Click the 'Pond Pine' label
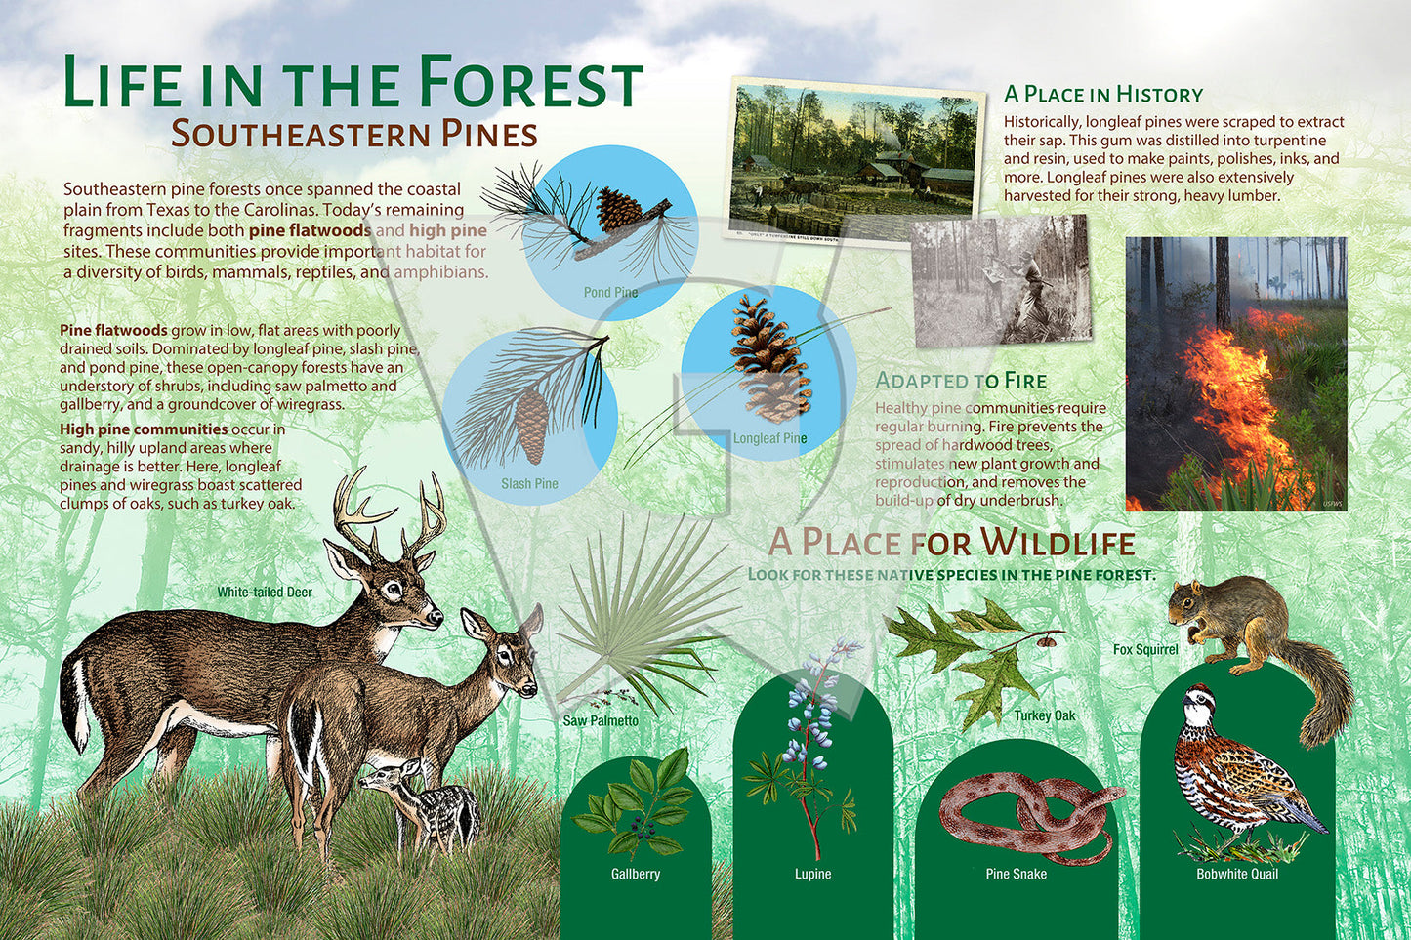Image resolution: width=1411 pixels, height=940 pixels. (x=610, y=292)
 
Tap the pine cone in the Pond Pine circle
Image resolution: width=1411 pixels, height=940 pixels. (x=618, y=209)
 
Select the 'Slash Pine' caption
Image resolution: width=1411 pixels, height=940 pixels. (x=530, y=483)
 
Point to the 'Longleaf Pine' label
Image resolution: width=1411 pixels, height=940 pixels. (x=769, y=438)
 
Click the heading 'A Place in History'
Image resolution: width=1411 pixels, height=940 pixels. (x=1103, y=95)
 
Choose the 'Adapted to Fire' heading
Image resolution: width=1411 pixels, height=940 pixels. (x=961, y=381)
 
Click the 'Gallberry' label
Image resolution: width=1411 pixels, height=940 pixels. (x=636, y=874)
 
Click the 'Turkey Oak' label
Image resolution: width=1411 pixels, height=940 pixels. (x=1045, y=715)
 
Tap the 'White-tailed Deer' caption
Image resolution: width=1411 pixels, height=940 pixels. (x=265, y=592)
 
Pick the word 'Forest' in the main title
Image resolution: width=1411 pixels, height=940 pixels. (x=530, y=83)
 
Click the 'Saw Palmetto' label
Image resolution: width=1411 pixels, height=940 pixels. (x=601, y=721)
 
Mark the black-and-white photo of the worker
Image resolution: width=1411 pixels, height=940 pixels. (x=1002, y=281)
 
